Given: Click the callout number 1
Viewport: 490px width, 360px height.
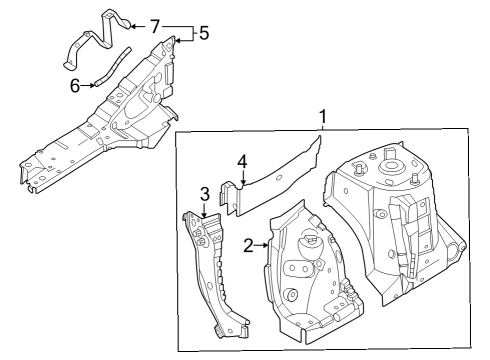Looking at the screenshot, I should coord(322,118).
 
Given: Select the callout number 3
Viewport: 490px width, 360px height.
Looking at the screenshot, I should coord(204,193).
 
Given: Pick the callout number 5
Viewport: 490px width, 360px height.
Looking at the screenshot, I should coord(204,33).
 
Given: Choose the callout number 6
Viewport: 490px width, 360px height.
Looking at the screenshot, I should coord(75,86).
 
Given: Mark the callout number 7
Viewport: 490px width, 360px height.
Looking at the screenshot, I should coord(154,24).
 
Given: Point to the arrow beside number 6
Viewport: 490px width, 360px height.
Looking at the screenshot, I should coord(89,86).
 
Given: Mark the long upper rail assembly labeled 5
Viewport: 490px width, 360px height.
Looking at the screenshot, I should coord(110,130).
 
